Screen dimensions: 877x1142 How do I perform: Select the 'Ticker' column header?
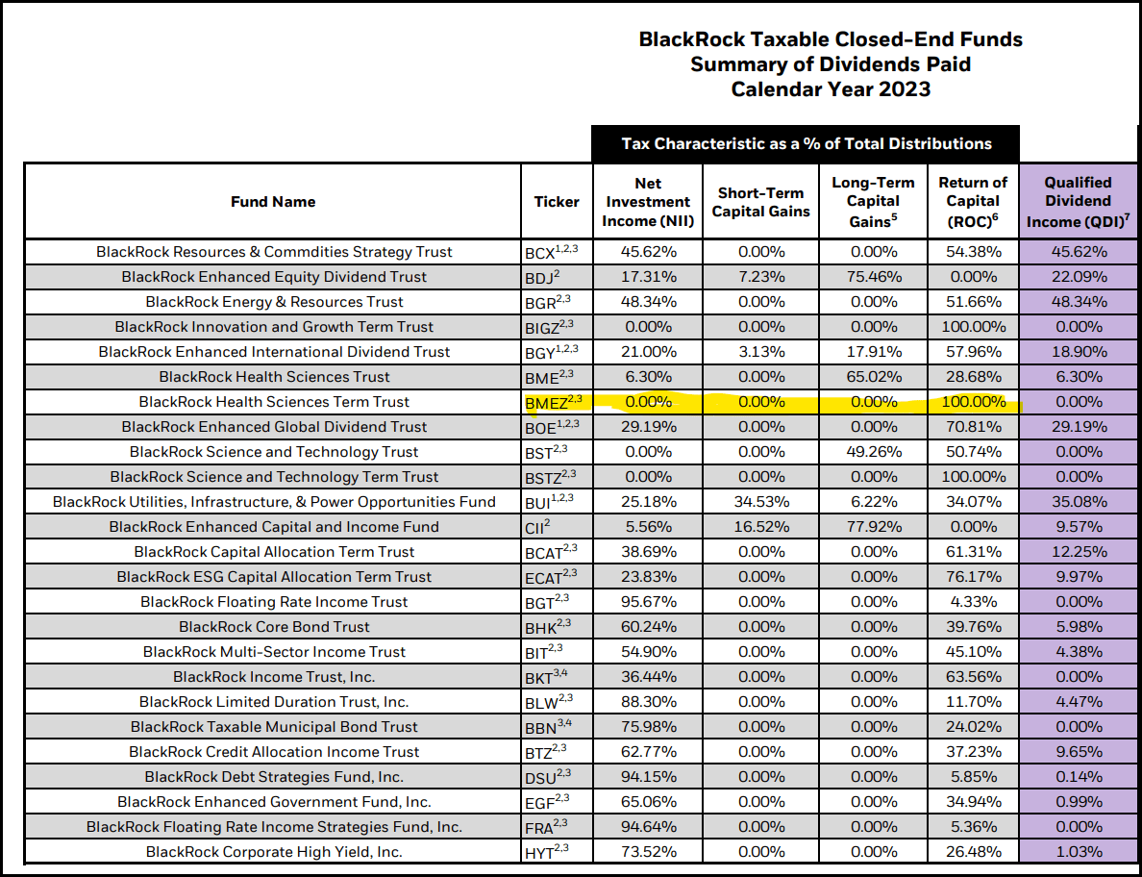click(557, 202)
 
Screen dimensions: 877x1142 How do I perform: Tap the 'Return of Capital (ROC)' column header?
click(973, 201)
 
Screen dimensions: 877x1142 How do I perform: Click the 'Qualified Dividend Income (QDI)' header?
click(1078, 201)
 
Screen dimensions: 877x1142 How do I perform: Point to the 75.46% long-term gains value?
click(873, 277)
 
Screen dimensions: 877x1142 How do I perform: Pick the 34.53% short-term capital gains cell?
click(760, 502)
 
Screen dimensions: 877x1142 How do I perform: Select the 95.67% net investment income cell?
click(648, 602)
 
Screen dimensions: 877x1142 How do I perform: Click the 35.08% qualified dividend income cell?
click(1078, 502)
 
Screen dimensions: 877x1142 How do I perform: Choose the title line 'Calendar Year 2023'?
click(831, 89)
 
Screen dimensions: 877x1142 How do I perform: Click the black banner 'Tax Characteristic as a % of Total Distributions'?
click(806, 144)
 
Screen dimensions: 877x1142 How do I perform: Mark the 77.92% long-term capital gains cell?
click(873, 527)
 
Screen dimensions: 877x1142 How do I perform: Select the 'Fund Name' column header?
click(273, 202)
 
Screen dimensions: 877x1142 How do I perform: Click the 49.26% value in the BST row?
click(873, 452)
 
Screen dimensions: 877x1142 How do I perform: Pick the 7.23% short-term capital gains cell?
click(760, 277)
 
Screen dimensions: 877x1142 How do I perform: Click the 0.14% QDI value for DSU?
click(1078, 777)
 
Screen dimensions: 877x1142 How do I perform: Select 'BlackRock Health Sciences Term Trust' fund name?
click(274, 402)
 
